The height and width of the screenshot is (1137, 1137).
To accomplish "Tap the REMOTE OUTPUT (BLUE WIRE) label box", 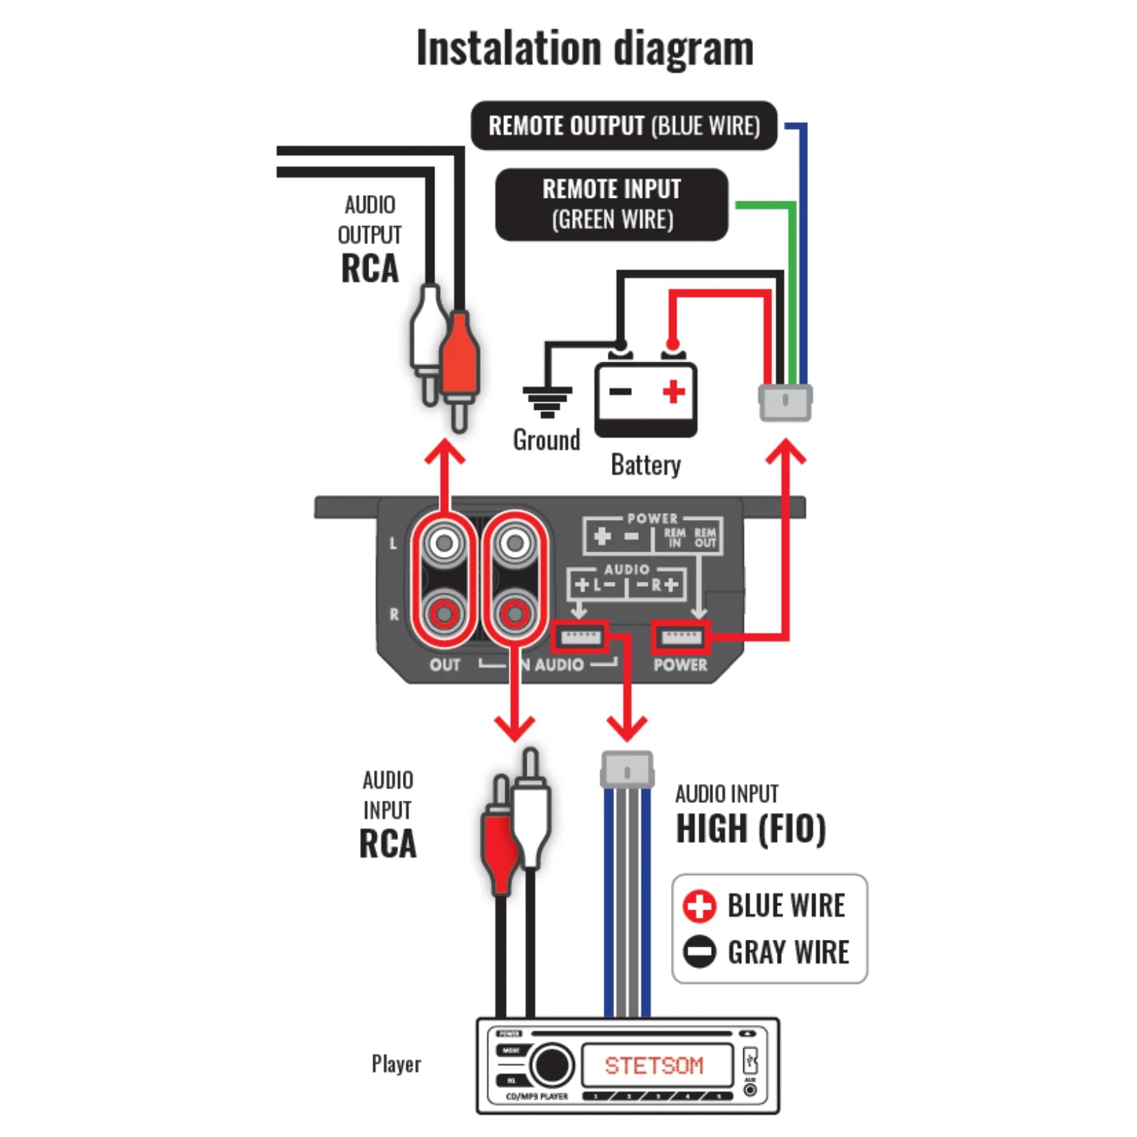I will click(x=624, y=126).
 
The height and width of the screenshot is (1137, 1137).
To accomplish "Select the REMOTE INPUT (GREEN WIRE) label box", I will click(x=611, y=204).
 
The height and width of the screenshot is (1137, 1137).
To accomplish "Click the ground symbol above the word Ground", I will click(x=547, y=401).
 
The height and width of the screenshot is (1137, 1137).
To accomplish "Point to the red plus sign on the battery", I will click(x=674, y=392).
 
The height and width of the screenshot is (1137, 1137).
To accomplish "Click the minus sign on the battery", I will click(x=620, y=392).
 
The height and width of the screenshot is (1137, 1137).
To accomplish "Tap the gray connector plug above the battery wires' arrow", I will click(x=785, y=402).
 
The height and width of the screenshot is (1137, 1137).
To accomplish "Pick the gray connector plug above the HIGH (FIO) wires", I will click(x=627, y=771).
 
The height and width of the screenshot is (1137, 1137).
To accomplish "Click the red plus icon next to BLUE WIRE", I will click(x=699, y=906).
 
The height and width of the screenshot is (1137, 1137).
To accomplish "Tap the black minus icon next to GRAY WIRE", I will click(x=699, y=952).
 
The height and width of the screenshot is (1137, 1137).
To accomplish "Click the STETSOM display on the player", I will click(x=654, y=1065).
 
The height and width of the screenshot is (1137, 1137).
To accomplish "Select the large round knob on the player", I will click(x=552, y=1065).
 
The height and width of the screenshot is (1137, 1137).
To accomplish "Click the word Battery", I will click(x=646, y=465).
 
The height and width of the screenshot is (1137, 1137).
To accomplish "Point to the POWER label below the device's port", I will click(x=680, y=665).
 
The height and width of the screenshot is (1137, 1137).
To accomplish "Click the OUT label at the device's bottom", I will click(x=445, y=665).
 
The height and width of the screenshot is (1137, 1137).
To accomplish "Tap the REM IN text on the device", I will click(x=674, y=538).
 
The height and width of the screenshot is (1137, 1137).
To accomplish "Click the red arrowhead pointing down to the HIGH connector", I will click(x=627, y=729).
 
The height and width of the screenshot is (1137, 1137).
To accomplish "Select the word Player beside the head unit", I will click(x=396, y=1064).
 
